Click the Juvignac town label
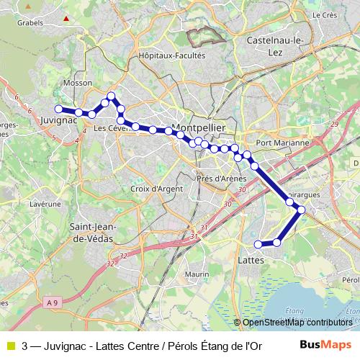point(59,121)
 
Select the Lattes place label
point(251,258)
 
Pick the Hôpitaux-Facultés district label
point(171,55)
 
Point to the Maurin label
point(196,274)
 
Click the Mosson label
point(77,83)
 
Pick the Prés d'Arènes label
point(222,179)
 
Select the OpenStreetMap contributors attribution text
point(297,323)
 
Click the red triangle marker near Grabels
point(66,18)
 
